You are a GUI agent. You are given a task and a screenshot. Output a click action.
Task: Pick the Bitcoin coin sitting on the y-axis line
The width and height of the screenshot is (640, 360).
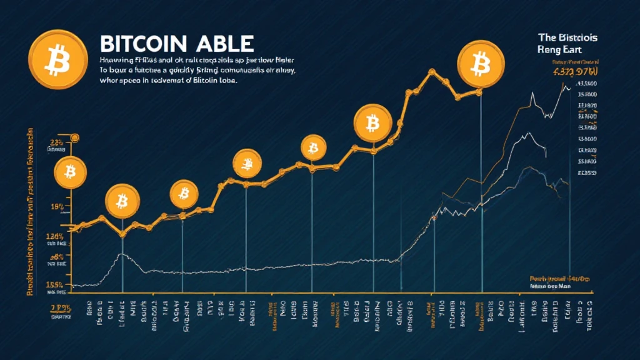[x=70, y=171]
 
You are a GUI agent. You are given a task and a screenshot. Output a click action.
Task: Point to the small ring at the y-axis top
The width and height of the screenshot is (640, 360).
[x=74, y=137]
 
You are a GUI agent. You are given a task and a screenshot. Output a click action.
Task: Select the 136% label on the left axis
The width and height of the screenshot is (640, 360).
[x=55, y=236]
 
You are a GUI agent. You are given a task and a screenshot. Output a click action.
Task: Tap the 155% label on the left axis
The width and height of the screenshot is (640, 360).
[x=55, y=284]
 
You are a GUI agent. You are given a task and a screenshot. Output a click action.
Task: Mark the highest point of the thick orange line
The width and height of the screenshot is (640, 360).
[x=431, y=72]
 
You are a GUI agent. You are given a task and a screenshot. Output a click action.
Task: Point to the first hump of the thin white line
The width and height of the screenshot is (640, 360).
[x=121, y=255]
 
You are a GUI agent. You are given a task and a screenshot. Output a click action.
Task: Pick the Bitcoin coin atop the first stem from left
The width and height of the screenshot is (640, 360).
[x=122, y=201]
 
